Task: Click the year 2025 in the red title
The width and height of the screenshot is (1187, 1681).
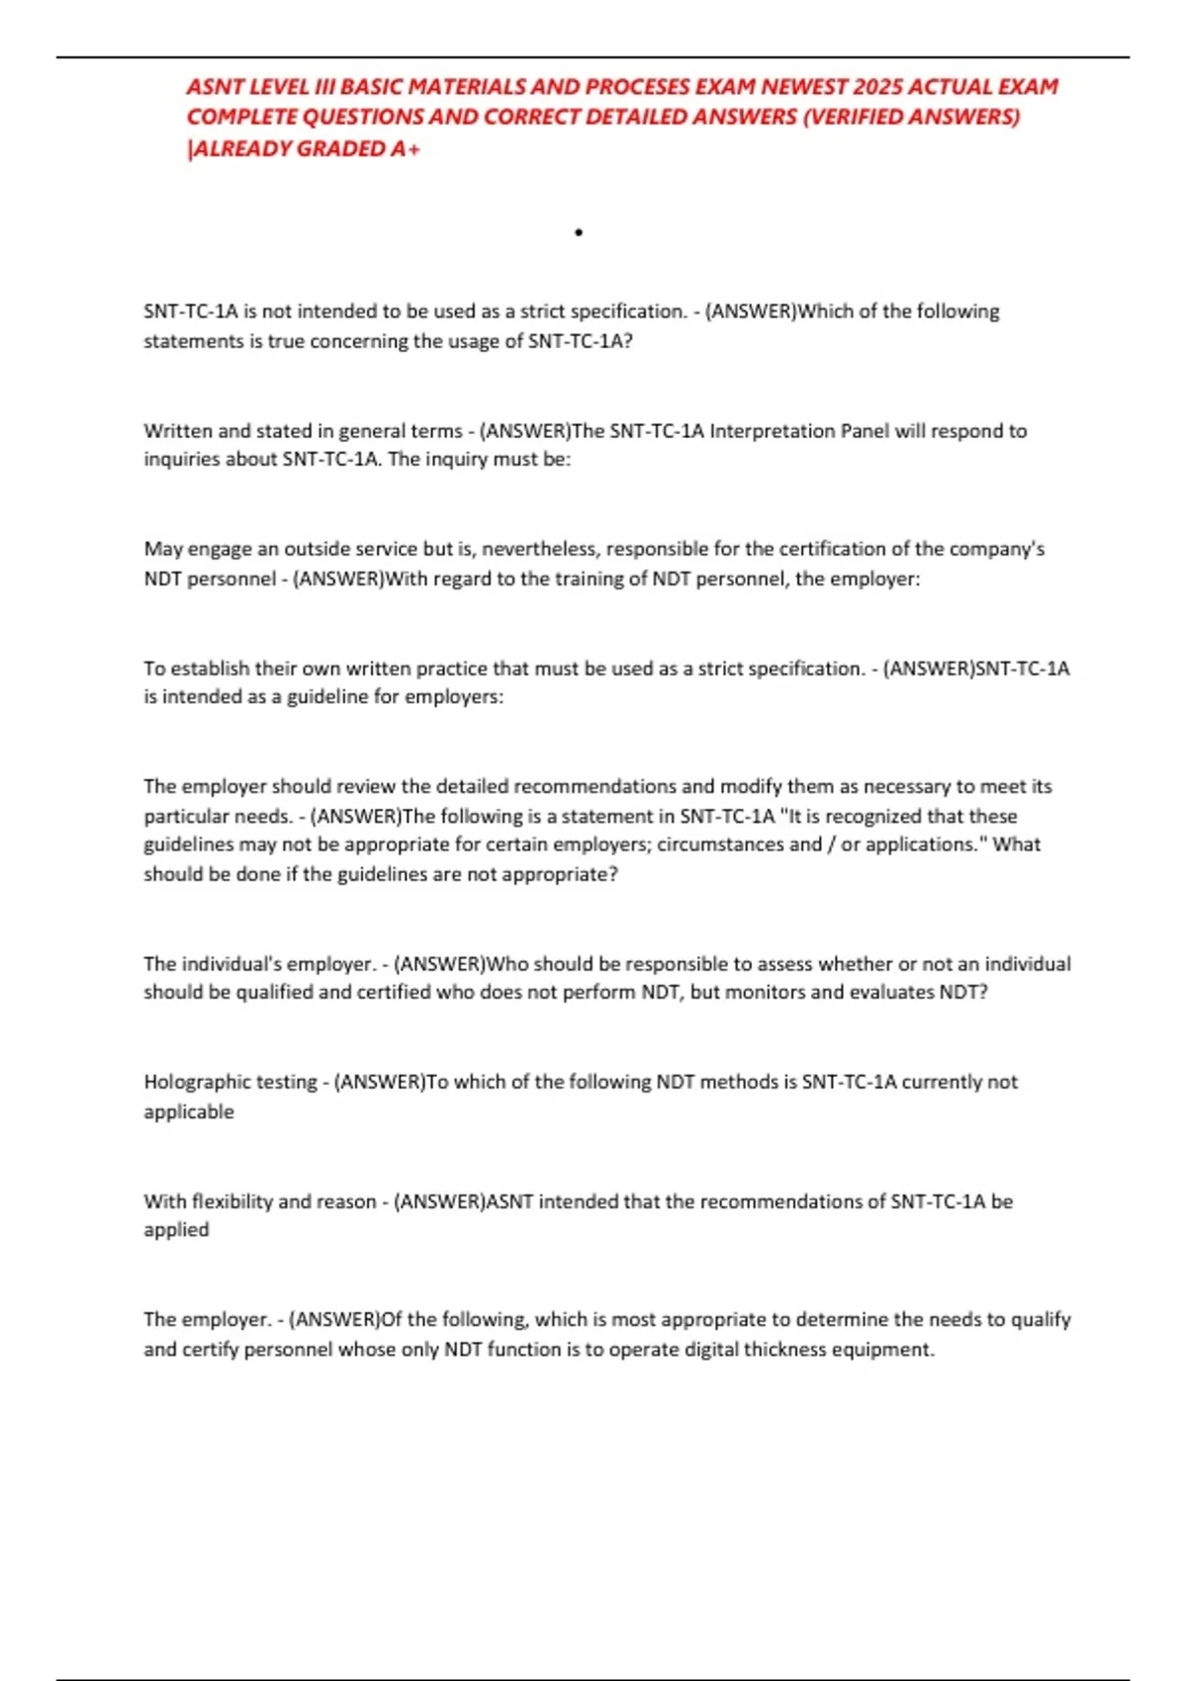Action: pos(877,87)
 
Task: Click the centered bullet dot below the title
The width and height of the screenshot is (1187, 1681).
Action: pos(579,233)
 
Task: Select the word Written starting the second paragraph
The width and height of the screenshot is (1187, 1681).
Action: pos(178,431)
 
